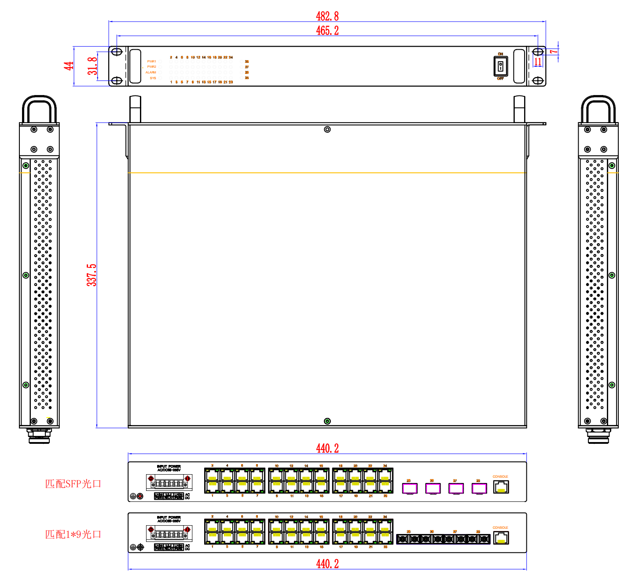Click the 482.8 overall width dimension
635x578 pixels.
[327, 16]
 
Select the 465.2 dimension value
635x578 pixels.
[327, 30]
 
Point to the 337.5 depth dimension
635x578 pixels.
[92, 275]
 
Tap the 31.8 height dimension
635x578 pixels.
[92, 66]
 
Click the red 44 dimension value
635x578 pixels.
[69, 66]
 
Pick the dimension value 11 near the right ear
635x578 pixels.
[538, 62]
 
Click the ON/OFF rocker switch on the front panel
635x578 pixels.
[500, 66]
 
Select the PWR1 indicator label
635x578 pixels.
[151, 62]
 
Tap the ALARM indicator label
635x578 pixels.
[151, 73]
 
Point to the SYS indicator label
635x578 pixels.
[153, 78]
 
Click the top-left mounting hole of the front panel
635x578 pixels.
[117, 52]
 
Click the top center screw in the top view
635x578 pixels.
[327, 129]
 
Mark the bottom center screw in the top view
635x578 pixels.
[327, 421]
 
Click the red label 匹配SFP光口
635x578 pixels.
[73, 484]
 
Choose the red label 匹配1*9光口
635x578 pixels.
[73, 534]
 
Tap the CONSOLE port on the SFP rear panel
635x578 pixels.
[501, 487]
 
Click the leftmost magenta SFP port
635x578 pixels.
[410, 488]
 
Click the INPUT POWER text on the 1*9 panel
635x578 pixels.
[169, 518]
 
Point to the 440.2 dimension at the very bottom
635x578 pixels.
[327, 564]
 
